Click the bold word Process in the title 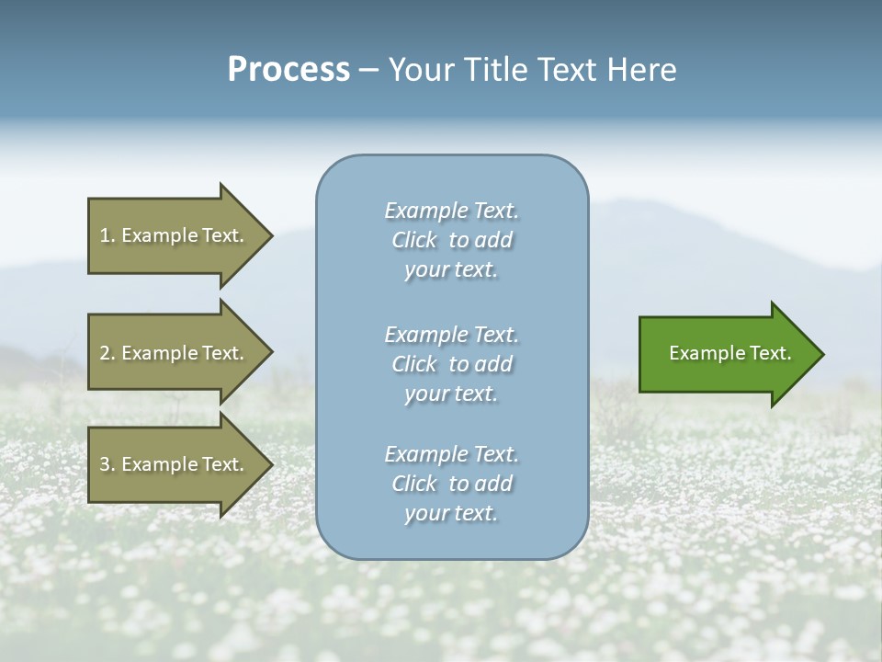pos(288,70)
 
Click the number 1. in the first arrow pos(107,235)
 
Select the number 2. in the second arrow pos(107,353)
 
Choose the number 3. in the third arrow pos(107,464)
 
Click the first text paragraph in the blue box pos(451,240)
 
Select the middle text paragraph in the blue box pos(451,363)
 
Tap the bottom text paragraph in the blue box pos(451,484)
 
